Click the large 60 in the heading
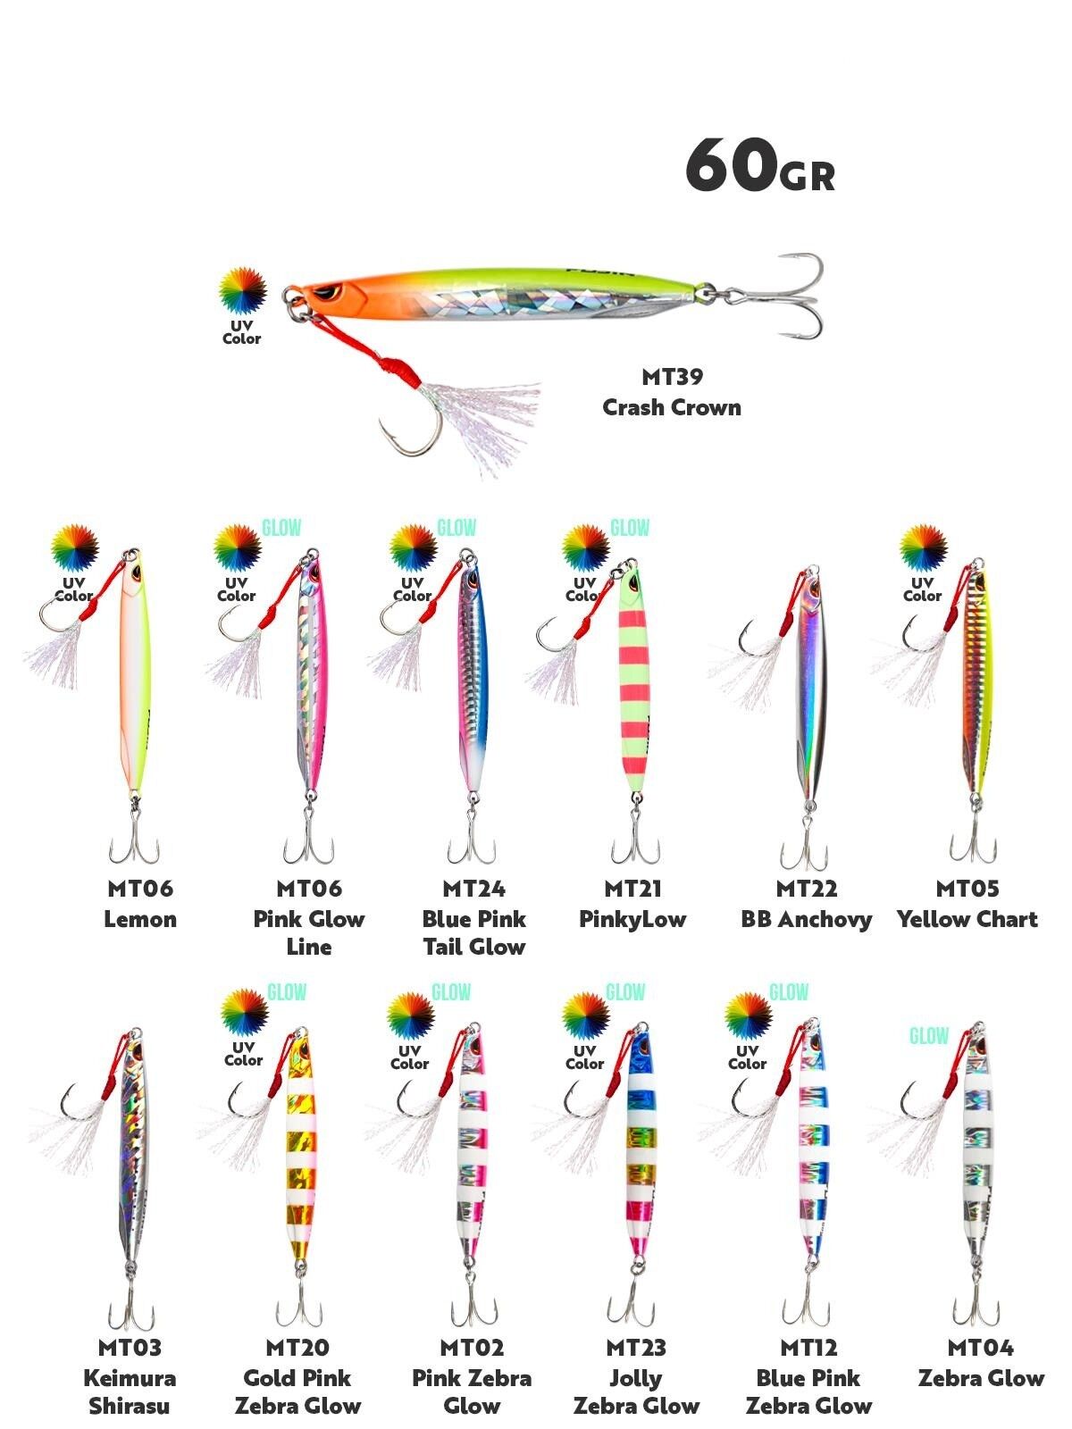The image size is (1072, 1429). tap(729, 165)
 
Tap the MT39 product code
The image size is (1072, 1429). tap(672, 377)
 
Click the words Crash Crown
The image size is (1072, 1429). tap(672, 408)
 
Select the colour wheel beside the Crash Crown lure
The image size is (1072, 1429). tap(243, 291)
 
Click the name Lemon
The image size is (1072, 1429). tap(140, 919)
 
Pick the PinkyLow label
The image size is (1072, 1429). tap(632, 919)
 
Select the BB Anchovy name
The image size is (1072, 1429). tap(806, 919)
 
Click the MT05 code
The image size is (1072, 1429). tap(967, 889)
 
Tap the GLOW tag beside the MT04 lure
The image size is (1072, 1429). tap(929, 1036)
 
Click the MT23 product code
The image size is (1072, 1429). tap(636, 1348)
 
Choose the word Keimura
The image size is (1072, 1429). tap(130, 1378)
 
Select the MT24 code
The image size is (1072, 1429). tap(473, 889)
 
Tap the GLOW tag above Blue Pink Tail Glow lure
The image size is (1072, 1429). tap(456, 528)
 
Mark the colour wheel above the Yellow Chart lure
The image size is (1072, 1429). tap(923, 547)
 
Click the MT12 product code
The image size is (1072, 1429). tap(808, 1348)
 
